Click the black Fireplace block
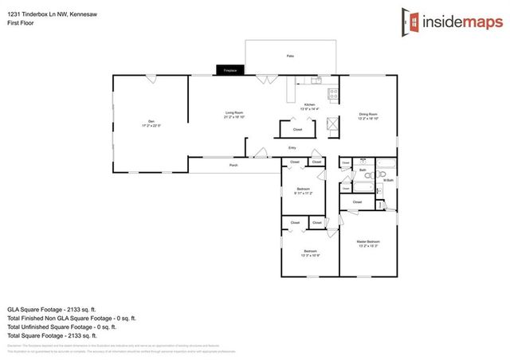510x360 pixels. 229,71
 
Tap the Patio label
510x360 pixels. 290,57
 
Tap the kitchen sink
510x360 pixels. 316,80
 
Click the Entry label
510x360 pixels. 292,147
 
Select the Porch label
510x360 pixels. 233,165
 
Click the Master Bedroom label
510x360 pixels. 368,242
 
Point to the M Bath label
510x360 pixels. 389,181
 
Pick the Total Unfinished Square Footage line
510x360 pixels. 61,327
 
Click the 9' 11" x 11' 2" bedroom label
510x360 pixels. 303,190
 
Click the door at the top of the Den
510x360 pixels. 151,78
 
